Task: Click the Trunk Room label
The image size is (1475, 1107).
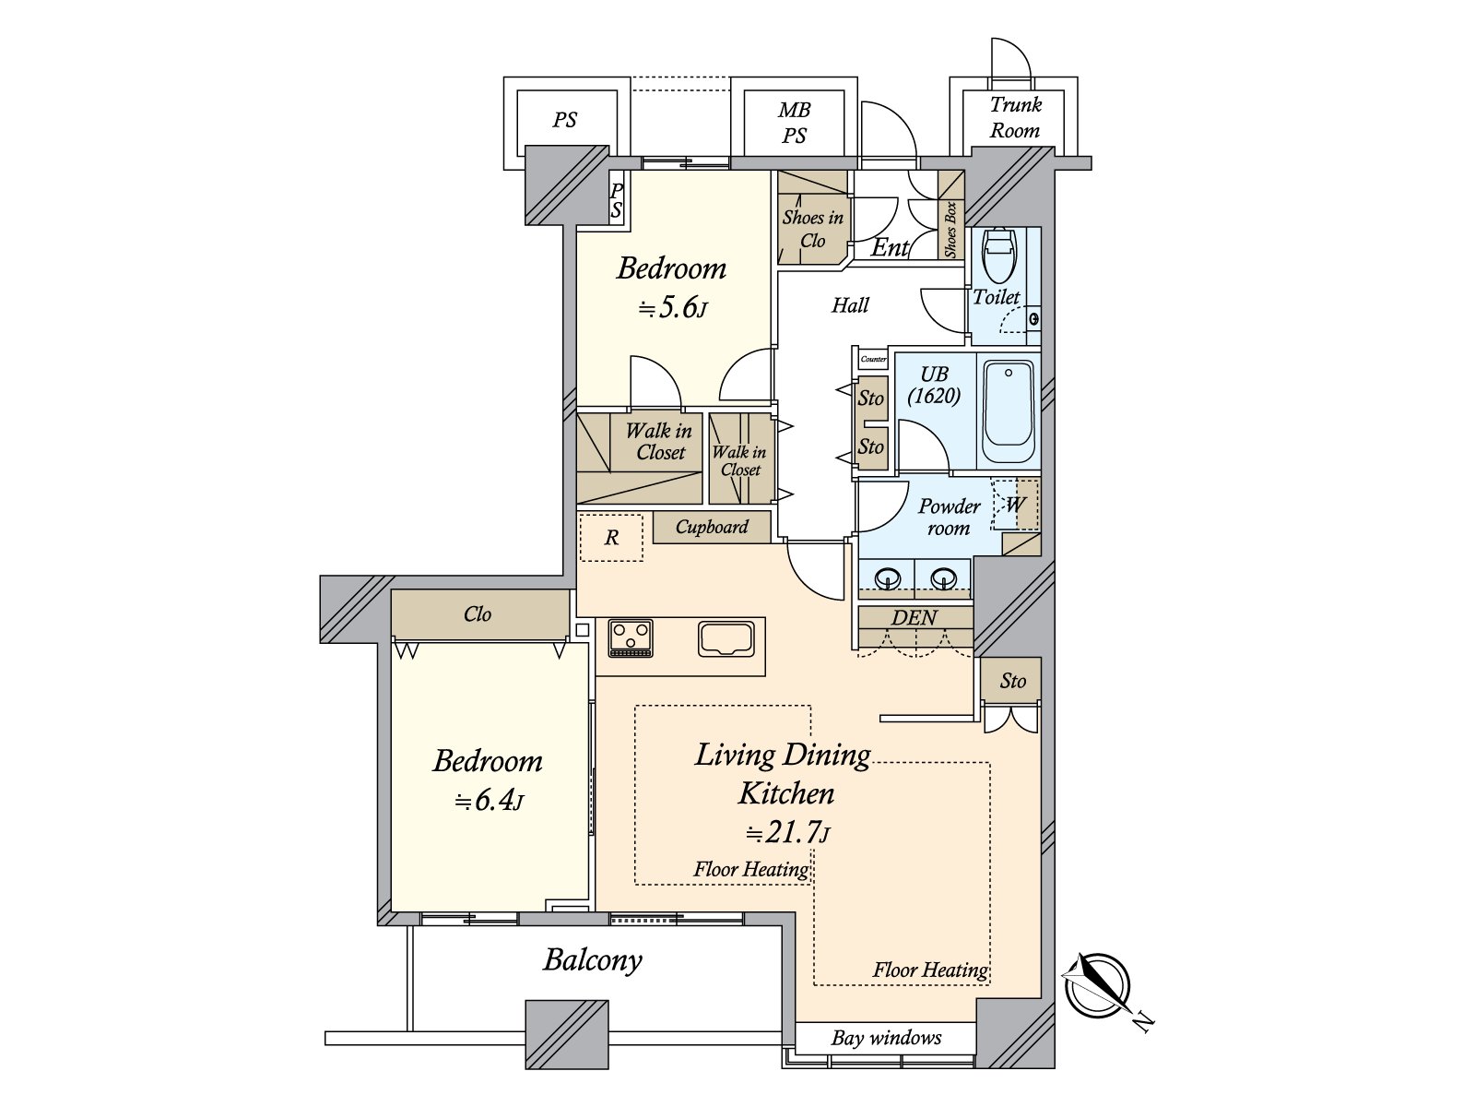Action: tap(1015, 118)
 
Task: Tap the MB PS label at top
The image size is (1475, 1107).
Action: tap(794, 124)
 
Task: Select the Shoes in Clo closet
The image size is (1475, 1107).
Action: tap(812, 229)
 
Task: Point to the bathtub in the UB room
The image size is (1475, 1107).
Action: tap(1009, 410)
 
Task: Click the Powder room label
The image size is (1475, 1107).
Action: tap(949, 517)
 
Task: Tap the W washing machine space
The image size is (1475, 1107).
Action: tap(1015, 505)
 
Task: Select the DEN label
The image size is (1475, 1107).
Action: tap(914, 618)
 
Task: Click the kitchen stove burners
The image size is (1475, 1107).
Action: tap(631, 637)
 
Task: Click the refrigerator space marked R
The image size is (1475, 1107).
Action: tap(611, 538)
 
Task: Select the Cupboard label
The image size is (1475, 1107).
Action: tap(712, 527)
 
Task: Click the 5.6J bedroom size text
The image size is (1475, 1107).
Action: tap(673, 307)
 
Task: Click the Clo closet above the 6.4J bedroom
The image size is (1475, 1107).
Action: tap(478, 614)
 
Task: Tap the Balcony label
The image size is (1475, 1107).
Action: tap(593, 960)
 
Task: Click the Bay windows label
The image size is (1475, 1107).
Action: tap(886, 1038)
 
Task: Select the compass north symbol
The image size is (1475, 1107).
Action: tap(1097, 986)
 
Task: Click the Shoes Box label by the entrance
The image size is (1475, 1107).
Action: tap(951, 230)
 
